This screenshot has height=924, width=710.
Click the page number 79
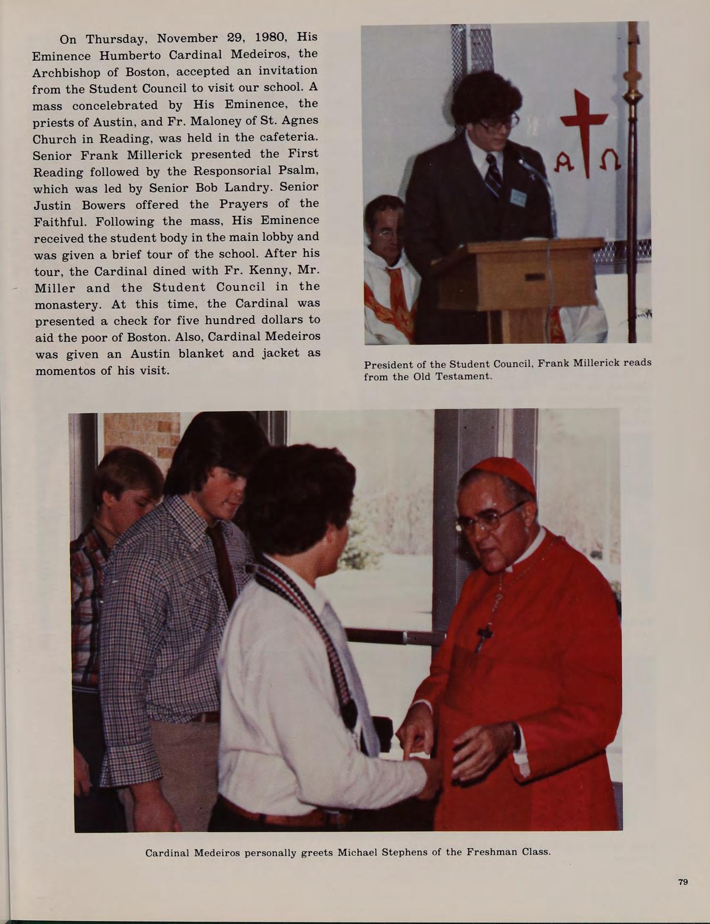(683, 882)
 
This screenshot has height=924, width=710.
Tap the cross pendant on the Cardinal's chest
(485, 636)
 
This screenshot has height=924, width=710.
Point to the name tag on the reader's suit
(518, 198)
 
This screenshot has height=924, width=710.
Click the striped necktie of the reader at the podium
(493, 174)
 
